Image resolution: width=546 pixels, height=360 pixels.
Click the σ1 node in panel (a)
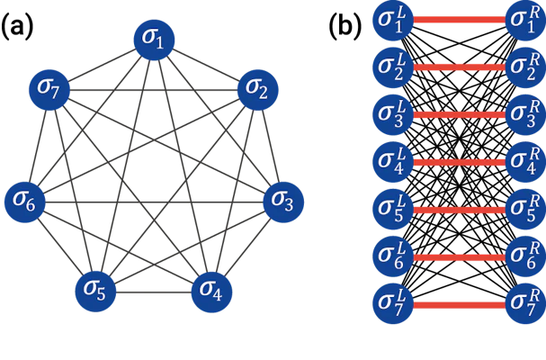[154, 40]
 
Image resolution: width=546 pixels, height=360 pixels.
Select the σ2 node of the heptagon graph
[257, 90]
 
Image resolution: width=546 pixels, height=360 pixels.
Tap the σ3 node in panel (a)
[283, 202]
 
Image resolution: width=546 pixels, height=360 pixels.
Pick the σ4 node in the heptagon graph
[211, 292]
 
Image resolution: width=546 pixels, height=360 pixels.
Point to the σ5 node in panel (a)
[95, 292]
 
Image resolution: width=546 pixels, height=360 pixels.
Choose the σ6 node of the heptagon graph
[24, 202]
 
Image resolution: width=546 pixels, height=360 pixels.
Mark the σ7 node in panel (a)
[49, 90]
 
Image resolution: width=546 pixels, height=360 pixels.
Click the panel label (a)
[17, 26]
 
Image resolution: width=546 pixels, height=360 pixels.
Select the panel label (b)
[345, 26]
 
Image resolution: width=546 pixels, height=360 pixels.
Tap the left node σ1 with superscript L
[393, 20]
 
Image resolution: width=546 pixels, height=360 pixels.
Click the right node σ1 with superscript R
[525, 20]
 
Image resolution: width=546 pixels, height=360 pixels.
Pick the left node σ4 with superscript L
[393, 162]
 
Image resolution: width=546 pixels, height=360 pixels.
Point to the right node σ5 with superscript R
[525, 210]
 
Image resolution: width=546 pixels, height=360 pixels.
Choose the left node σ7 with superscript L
[393, 304]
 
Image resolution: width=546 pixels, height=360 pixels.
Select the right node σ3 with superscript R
[525, 114]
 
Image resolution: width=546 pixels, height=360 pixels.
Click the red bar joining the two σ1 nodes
[460, 20]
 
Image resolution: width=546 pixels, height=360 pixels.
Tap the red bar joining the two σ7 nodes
[460, 305]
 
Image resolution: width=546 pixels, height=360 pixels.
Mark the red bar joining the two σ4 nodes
[460, 162]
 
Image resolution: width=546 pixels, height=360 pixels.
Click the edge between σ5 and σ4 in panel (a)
[154, 292]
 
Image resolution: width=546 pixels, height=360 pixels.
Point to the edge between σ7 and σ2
[154, 90]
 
